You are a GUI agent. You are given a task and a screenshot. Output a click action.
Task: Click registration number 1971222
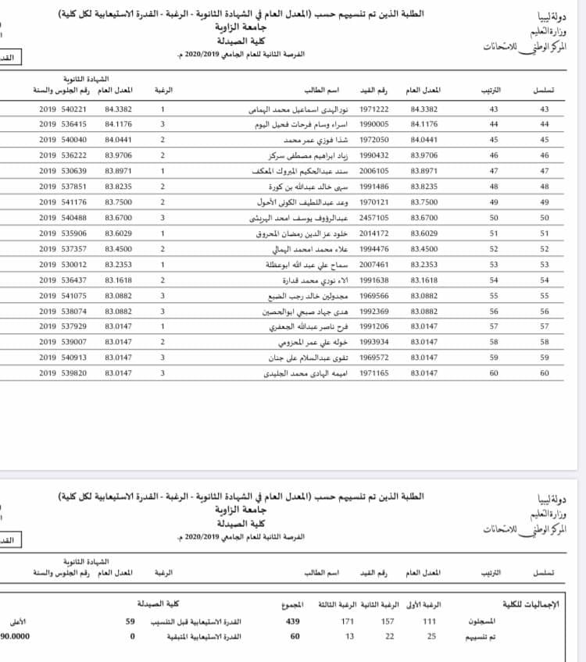click(x=373, y=109)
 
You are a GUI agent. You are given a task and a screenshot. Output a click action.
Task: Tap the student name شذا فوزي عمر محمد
click(x=287, y=140)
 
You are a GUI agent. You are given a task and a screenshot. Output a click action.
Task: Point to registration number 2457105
click(x=373, y=218)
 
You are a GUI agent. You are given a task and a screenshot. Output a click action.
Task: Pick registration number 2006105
click(x=373, y=171)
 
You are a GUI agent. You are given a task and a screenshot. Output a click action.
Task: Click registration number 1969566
click(x=373, y=296)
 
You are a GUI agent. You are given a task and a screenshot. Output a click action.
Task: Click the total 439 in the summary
click(x=293, y=621)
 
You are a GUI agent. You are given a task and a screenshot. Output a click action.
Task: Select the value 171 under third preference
click(x=348, y=621)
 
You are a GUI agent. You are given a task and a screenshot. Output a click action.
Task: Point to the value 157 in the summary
click(x=388, y=621)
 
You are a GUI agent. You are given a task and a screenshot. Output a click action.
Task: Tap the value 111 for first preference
click(x=429, y=621)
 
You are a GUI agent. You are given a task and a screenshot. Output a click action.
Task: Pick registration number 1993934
click(x=373, y=343)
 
